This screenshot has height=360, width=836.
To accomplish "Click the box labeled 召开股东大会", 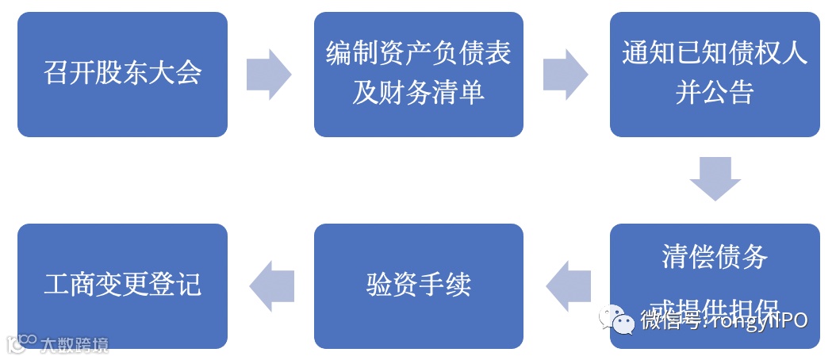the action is coord(122,74).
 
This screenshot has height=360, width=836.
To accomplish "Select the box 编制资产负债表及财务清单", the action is coord(418,74).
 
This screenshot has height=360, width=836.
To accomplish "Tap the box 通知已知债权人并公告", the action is coord(714,74).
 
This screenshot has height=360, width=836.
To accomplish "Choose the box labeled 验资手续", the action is coord(418,284).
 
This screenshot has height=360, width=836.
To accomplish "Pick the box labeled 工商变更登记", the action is coord(122,284).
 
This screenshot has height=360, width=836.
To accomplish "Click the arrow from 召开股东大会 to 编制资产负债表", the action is coord(270,74).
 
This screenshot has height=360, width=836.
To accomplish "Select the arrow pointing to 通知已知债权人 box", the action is coord(566,74).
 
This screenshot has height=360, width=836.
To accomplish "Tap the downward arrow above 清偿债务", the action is coord(714,178).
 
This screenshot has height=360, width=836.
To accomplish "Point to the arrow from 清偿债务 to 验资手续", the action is coord(568,284).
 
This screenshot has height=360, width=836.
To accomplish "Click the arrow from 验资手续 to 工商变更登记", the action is coord(271,284).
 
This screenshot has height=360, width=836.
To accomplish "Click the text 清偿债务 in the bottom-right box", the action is coord(714,258).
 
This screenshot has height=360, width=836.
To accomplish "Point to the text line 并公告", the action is coord(714,94).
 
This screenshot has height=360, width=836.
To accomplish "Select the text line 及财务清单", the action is coord(418,94).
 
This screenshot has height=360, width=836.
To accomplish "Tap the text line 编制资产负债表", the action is coord(418,54).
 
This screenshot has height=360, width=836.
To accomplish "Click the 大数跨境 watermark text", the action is coord(75,344).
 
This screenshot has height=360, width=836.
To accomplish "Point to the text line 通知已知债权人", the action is coord(714,54).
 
